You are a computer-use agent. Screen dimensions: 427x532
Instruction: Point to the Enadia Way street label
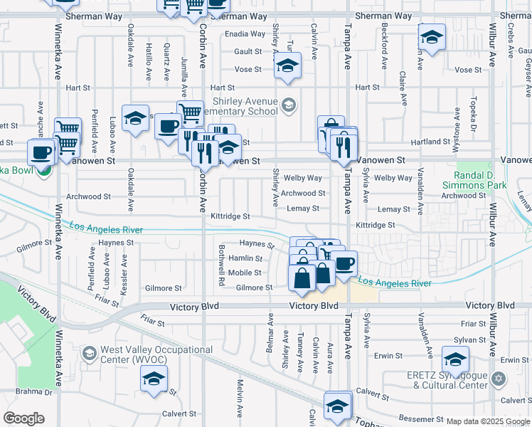click(245, 33)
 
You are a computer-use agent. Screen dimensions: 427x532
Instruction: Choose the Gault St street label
click(248, 51)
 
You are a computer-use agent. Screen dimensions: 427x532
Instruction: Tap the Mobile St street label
click(245, 273)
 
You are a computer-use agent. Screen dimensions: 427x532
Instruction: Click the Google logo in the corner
click(23, 418)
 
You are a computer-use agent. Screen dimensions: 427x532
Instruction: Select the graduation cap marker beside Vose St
click(287, 65)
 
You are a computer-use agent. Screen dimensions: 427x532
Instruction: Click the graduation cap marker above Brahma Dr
click(153, 381)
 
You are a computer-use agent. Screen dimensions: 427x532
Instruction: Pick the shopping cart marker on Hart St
click(190, 111)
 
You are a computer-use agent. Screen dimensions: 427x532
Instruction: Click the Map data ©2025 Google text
click(488, 421)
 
